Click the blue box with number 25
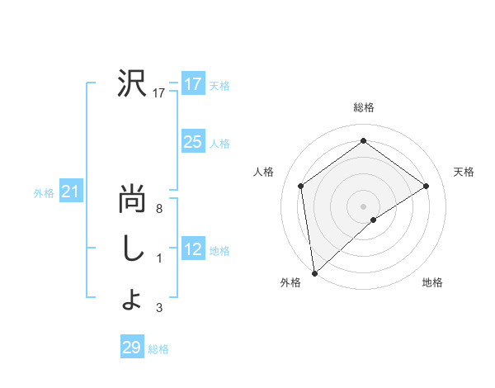pyautogui.click(x=193, y=142)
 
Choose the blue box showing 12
pyautogui.click(x=193, y=249)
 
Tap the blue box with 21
pyautogui.click(x=71, y=192)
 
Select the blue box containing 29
pyautogui.click(x=132, y=348)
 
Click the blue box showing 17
pyautogui.click(x=193, y=84)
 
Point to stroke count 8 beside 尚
pyautogui.click(x=159, y=210)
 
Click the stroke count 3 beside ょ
pyautogui.click(x=159, y=309)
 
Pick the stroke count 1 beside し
pyautogui.click(x=159, y=259)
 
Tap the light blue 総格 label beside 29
pyautogui.click(x=158, y=349)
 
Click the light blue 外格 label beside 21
pyautogui.click(x=44, y=194)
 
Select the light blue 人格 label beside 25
pyautogui.click(x=219, y=144)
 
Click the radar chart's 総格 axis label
pyautogui.click(x=363, y=107)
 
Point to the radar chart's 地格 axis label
pyautogui.click(x=432, y=282)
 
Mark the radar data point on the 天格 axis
pyautogui.click(x=427, y=186)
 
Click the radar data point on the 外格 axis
pyautogui.click(x=313, y=272)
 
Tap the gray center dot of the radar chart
pyautogui.click(x=363, y=206)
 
